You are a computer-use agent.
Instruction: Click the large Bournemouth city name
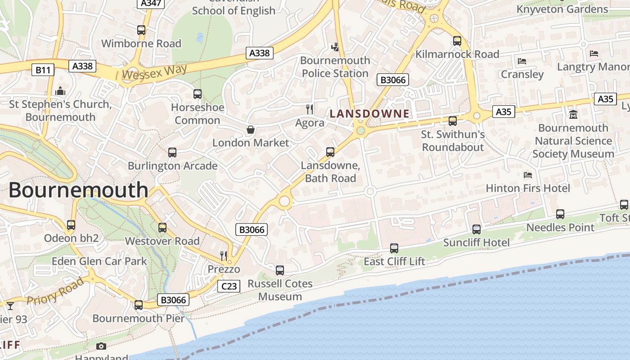click(78, 190)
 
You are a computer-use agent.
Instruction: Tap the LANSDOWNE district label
click(369, 114)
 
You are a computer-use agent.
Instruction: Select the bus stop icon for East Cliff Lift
click(394, 248)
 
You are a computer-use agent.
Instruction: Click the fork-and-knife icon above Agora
click(310, 109)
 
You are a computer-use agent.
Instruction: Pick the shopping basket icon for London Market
click(251, 130)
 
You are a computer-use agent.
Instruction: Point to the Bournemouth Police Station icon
click(335, 46)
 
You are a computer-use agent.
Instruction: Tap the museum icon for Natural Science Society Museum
click(573, 114)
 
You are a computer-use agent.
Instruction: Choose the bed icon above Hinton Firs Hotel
click(528, 175)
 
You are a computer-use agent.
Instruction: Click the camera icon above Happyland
click(101, 346)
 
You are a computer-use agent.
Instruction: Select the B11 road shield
click(43, 70)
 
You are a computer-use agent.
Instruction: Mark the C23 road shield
click(229, 286)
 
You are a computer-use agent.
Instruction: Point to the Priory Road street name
click(55, 291)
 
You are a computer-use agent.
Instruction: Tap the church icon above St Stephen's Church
click(60, 91)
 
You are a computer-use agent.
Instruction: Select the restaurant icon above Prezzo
click(224, 256)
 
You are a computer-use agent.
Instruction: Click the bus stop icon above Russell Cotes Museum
click(280, 270)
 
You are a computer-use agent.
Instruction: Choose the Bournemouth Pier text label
click(139, 318)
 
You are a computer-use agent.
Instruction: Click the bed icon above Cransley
click(522, 61)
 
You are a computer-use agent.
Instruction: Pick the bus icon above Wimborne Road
click(141, 30)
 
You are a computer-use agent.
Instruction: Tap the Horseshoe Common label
click(197, 114)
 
